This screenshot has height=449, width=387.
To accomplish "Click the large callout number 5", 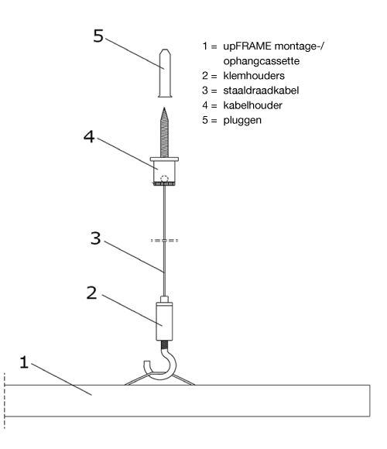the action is point(98,36).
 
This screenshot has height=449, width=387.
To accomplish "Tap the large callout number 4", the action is point(89,136).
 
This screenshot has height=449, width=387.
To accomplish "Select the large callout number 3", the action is point(96,238).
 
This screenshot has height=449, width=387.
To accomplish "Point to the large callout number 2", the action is point(91,293).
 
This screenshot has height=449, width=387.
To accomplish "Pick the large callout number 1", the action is point(24,362).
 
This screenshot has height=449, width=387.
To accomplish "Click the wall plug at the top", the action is point(165,74).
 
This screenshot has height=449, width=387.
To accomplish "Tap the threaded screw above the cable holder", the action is point(164,132).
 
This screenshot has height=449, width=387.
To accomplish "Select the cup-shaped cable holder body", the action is point(164,171).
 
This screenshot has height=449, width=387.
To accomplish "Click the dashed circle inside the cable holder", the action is point(164,179).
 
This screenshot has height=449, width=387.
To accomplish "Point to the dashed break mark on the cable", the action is point(164,241).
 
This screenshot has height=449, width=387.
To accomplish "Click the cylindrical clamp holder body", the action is point(164,321).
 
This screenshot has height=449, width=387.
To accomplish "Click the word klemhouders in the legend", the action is point(254,76).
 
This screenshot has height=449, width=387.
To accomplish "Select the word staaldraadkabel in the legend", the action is point(261,91).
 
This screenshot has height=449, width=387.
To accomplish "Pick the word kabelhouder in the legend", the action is point(253,105).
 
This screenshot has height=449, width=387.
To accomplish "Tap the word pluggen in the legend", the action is point(242,120).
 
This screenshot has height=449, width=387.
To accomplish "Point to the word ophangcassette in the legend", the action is point(262,61).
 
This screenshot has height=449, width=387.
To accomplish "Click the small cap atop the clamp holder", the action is point(164,300).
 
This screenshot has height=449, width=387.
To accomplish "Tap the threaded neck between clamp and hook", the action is point(165,344).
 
